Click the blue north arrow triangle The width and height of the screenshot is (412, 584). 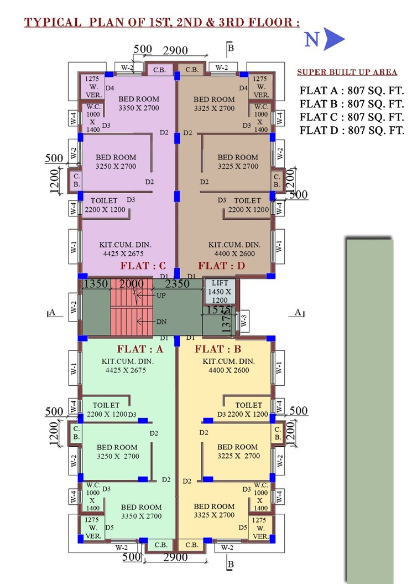coord(334,40)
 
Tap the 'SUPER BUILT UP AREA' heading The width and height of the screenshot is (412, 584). coord(347,73)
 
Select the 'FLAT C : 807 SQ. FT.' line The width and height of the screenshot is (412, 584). coord(352,117)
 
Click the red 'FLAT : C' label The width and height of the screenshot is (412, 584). coord(143,266)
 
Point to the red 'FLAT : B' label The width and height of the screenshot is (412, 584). coord(217,349)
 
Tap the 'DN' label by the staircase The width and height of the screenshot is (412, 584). coord(161,321)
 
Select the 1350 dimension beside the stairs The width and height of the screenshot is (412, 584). coord(95,285)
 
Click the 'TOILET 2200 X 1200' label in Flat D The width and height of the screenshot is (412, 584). coord(247,205)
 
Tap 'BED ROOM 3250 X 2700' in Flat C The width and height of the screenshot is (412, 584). coord(116,162)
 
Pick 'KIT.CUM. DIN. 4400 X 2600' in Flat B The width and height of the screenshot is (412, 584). coord(228,366)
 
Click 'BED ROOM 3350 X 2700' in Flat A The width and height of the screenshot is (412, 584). coord(141,511)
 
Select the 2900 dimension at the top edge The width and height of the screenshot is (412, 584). coord(175,50)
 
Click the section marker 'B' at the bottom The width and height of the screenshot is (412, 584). coord(231,565)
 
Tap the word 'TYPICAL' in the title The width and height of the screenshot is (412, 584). coord(53,23)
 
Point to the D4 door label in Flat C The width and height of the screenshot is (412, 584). coord(109,88)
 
